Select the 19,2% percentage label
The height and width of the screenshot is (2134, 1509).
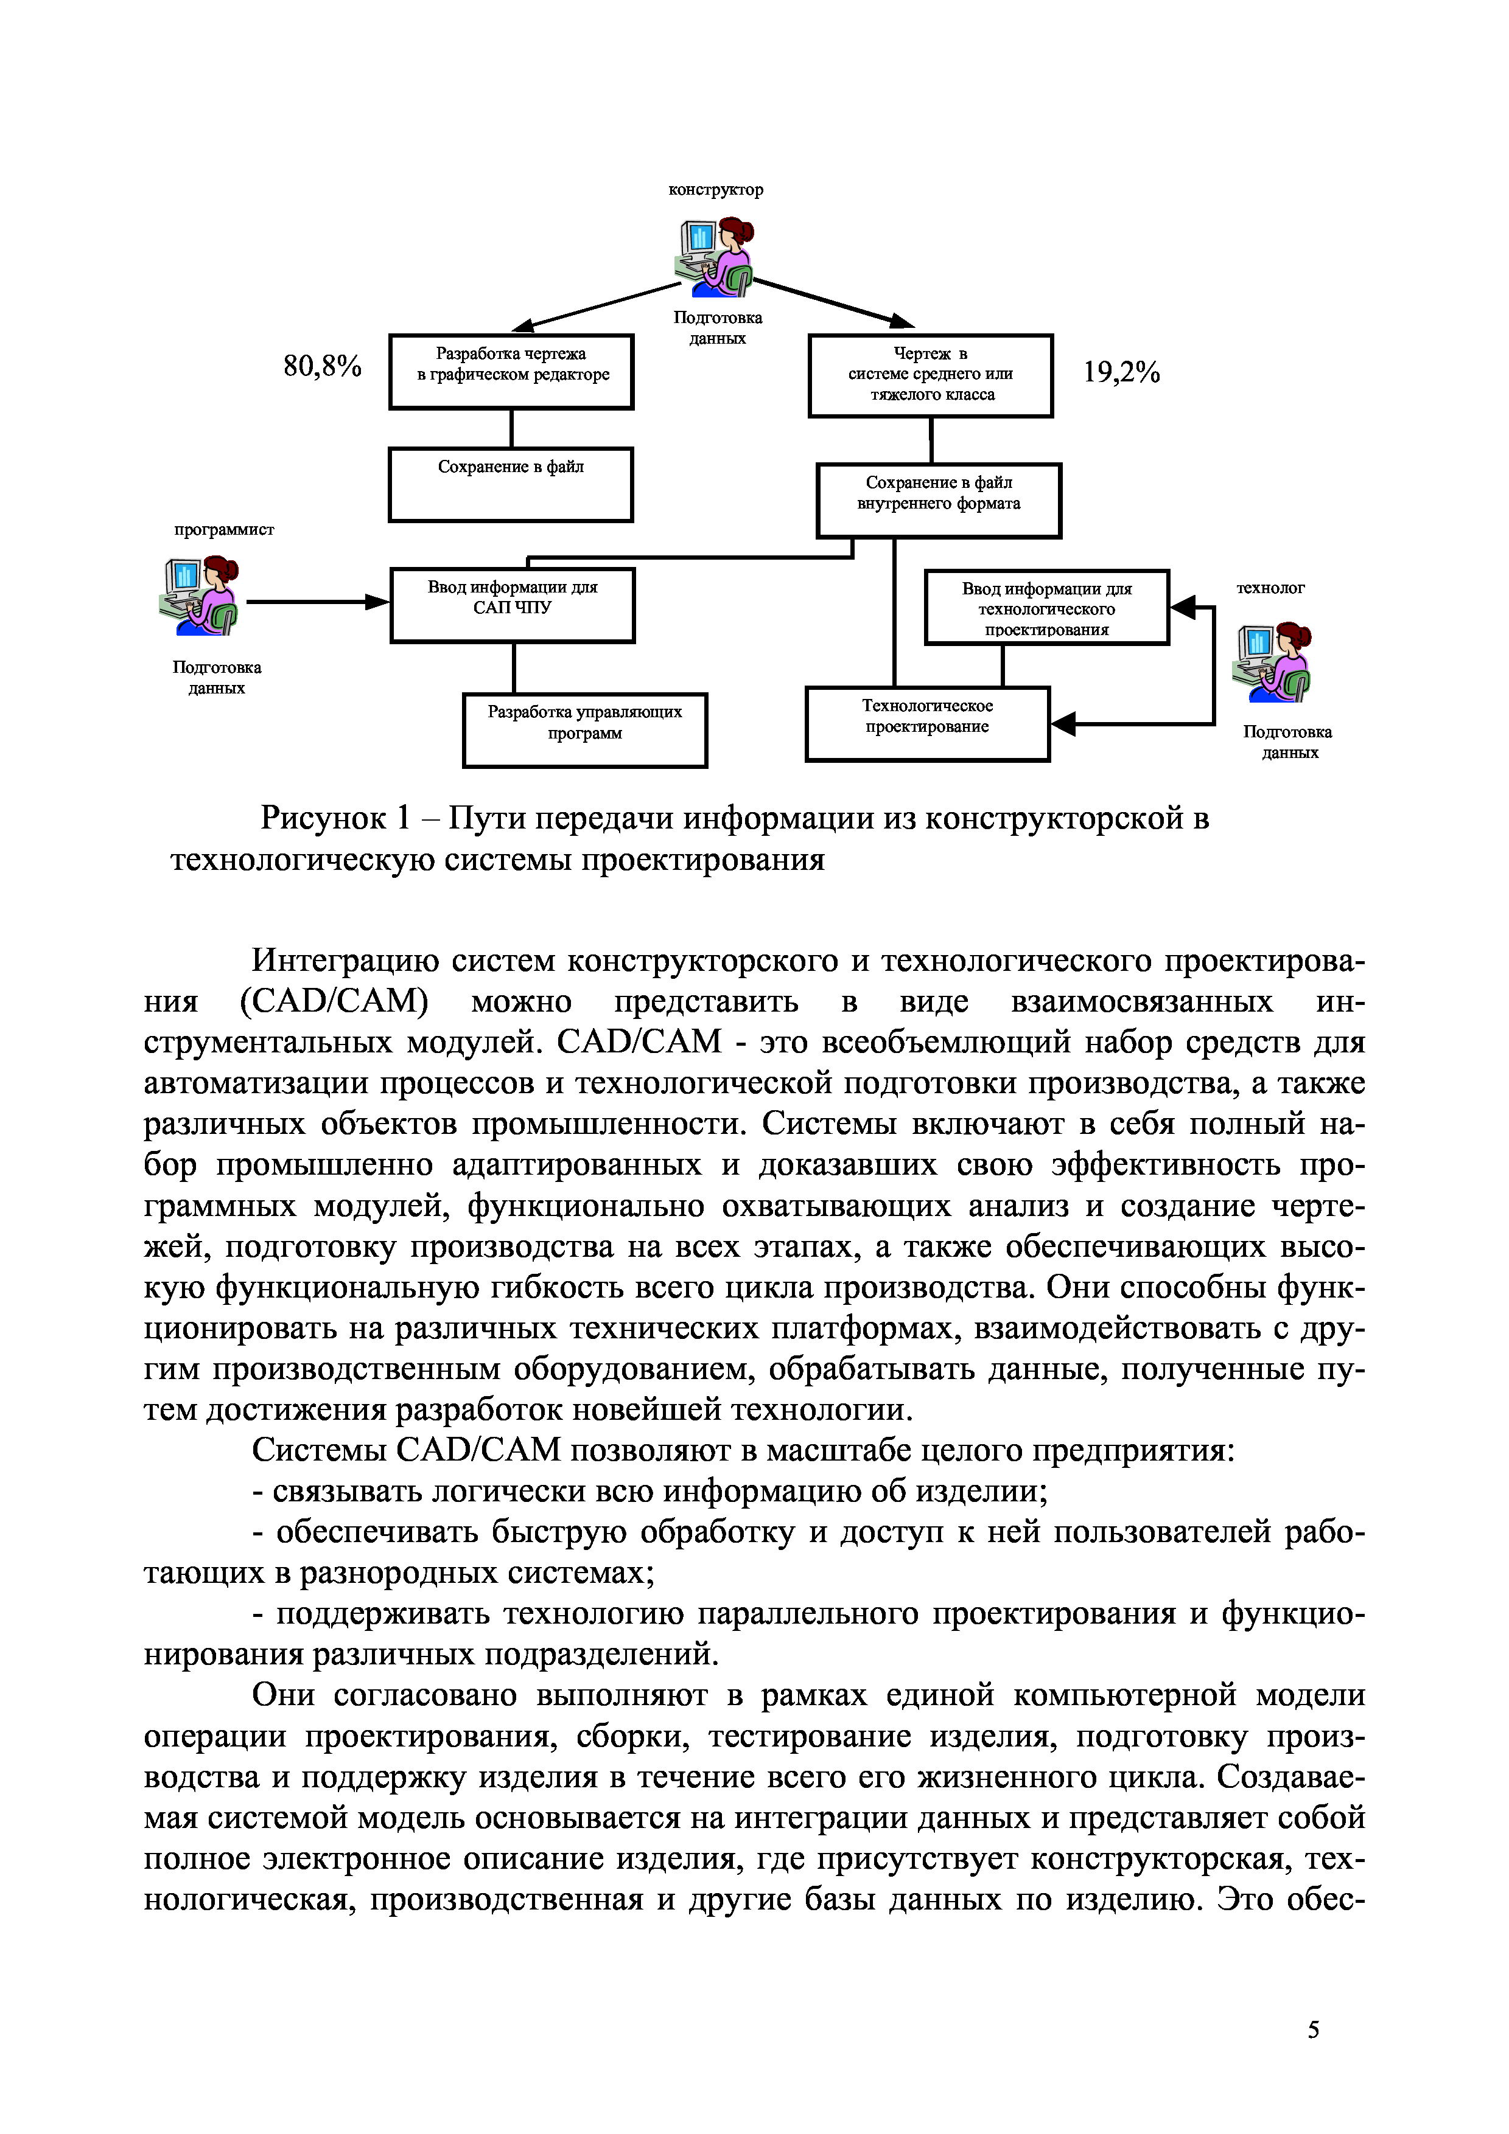(x=1121, y=373)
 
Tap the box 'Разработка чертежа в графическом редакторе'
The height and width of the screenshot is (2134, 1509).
(x=511, y=372)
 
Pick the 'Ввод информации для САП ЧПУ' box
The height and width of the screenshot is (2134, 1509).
(x=513, y=605)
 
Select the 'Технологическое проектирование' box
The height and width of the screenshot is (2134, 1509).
(x=927, y=724)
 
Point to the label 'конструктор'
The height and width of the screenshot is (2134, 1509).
(x=716, y=190)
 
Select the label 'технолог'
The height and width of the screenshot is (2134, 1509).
(x=1270, y=588)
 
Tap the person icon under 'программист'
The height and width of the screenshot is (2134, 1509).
(x=200, y=596)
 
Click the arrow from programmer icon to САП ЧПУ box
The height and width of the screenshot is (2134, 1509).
(x=316, y=602)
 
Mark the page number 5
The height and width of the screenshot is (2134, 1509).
(x=1313, y=2030)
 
